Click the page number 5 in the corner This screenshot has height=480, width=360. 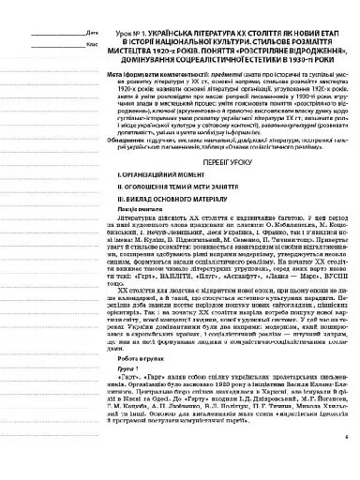[344, 461]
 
